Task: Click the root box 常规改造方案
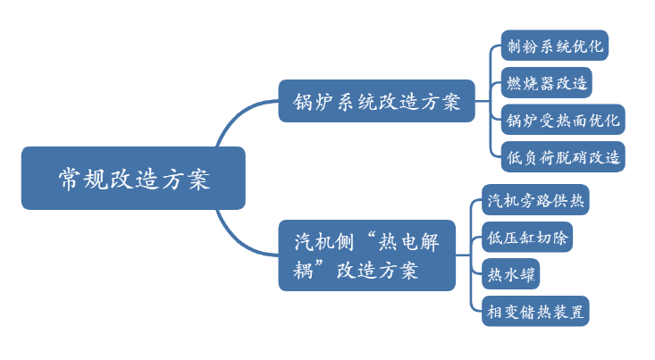coord(132,179)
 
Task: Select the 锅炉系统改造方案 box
coord(376,101)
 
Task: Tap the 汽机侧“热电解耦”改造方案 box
coord(366,255)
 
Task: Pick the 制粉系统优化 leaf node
coord(554,46)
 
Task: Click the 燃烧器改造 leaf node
coord(546,83)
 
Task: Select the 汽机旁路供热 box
coord(534,200)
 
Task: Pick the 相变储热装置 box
coord(534,311)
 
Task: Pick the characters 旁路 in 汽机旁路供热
coord(534,200)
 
